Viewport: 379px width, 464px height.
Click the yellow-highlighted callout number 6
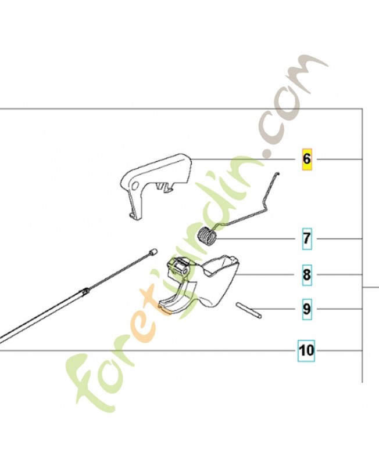[307, 159]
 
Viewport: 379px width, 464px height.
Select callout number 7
[307, 238]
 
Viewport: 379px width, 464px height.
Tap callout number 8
[307, 274]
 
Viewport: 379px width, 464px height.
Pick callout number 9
[307, 309]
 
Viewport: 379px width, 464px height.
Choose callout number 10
[306, 351]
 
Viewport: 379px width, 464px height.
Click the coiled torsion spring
[207, 235]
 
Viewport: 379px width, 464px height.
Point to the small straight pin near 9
[249, 310]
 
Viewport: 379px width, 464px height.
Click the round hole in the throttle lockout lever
[135, 186]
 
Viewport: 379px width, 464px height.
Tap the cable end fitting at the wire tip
[153, 252]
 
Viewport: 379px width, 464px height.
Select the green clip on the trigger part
[178, 264]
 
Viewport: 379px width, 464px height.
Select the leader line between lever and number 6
[243, 159]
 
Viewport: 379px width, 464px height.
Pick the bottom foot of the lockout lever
[135, 216]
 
